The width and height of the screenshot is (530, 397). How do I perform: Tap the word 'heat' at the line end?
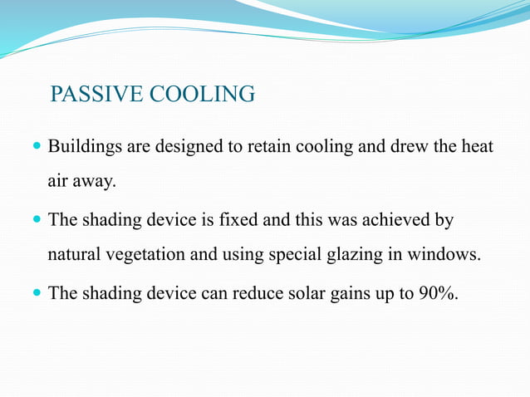[476, 147]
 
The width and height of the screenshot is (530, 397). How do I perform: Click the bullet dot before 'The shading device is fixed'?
[36, 221]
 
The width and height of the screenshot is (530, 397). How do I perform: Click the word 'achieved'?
[395, 220]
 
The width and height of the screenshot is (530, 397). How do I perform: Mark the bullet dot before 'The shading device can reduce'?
[36, 294]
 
